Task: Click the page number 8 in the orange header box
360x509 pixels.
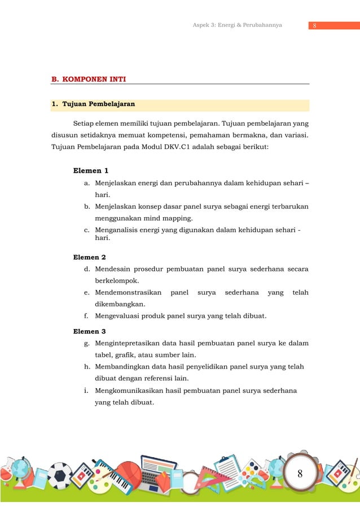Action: (314, 25)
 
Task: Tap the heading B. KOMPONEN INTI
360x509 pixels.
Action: (89, 80)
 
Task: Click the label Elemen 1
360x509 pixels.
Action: (91, 170)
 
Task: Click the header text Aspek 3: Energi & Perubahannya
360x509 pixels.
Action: (238, 25)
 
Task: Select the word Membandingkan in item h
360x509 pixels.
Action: (122, 367)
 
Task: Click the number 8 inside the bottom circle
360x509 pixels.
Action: (300, 473)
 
